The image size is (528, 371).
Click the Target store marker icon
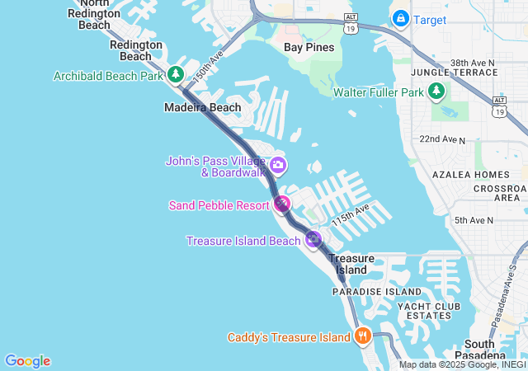(x=400, y=17)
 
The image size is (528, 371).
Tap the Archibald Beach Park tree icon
(x=175, y=75)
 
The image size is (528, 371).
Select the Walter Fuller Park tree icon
(x=436, y=92)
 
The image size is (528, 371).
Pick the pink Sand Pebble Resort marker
(x=283, y=204)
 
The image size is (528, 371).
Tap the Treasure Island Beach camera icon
(x=313, y=240)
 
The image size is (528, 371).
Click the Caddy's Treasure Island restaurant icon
(x=361, y=336)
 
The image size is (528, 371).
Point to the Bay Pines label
(x=309, y=47)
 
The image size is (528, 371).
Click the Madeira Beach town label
(x=203, y=107)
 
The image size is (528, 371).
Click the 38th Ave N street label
(x=472, y=62)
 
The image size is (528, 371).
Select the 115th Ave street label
(x=350, y=218)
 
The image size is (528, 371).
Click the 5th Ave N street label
(x=474, y=220)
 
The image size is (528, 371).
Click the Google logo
(x=27, y=361)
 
